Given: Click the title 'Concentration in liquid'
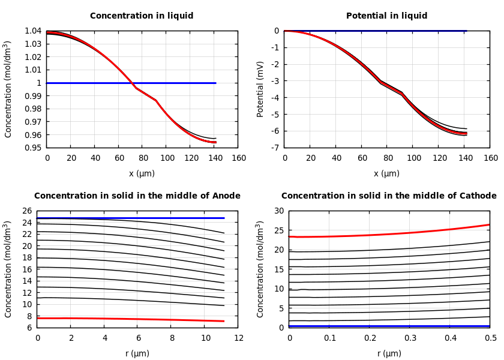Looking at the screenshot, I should point(142,16).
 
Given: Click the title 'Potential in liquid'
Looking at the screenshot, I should point(386,16).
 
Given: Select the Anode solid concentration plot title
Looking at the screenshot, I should point(137,196).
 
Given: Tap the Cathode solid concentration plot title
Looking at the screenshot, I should point(389,196).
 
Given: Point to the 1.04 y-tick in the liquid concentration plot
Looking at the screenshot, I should point(33,31).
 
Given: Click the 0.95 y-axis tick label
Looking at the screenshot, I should point(33,148).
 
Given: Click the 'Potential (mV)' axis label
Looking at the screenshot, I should point(260,89).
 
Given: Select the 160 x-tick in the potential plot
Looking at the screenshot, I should point(490,158).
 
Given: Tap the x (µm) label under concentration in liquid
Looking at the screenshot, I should point(142,173).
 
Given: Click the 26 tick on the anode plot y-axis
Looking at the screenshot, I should point(26,211).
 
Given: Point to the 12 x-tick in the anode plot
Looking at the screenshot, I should point(238,338).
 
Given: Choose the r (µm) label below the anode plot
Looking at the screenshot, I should point(137,353).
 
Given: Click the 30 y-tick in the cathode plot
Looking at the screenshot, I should point(278,211).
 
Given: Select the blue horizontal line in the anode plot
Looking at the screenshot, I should point(120,218).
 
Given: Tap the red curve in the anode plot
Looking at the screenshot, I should point(120,319).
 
